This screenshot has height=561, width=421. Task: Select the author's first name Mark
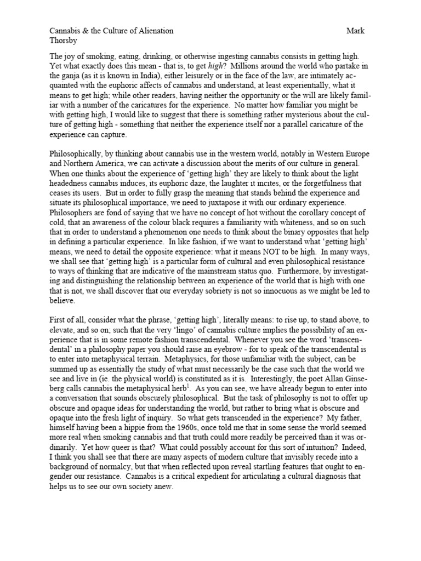(x=355, y=31)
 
